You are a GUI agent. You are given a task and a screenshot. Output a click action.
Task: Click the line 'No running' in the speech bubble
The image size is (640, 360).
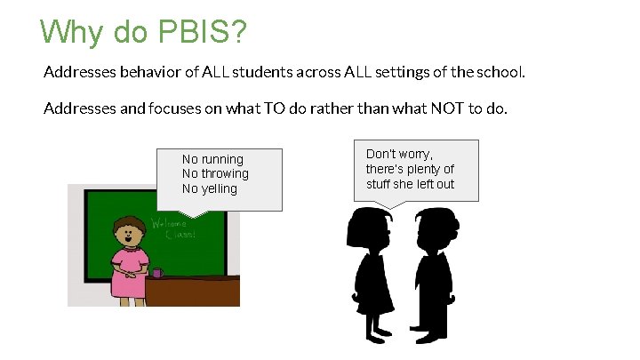point(212,159)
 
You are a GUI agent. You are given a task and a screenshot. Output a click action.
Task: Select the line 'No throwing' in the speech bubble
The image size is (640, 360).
point(215,173)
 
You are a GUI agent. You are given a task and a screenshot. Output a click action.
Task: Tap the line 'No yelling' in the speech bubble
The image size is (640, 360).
point(210,188)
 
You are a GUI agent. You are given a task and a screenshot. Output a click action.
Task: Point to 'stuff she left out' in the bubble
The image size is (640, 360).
point(410,184)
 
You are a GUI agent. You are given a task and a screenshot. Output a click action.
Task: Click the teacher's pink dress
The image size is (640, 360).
point(130,271)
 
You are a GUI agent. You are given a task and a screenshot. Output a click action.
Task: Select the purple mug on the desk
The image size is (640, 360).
point(157,272)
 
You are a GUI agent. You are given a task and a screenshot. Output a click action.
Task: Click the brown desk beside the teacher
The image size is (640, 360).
point(196,292)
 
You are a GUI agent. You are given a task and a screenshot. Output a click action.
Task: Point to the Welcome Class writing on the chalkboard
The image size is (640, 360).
point(173,228)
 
